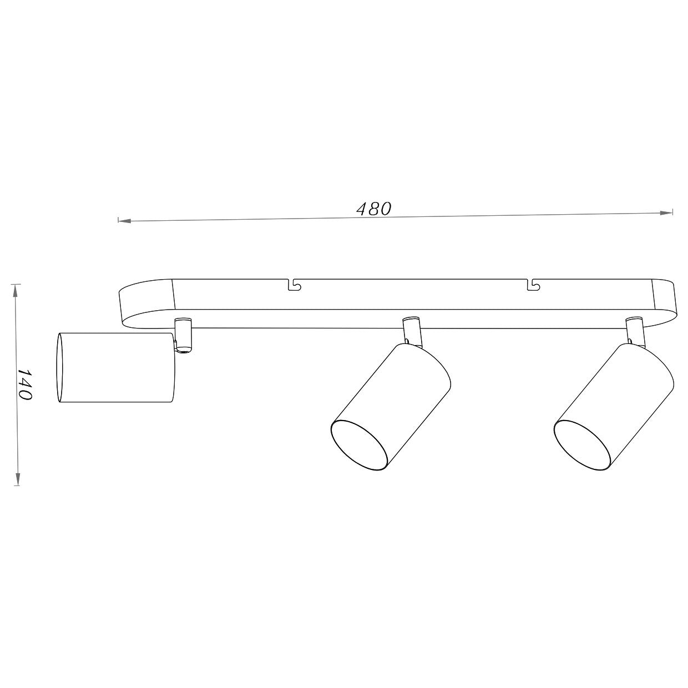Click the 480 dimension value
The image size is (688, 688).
373,209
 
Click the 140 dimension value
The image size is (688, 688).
24,383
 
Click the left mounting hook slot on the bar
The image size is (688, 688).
294,285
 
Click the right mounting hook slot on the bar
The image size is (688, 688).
533,285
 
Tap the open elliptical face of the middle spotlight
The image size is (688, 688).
359,446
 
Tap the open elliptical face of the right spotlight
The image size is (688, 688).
583,446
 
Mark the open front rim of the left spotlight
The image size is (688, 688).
59,367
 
